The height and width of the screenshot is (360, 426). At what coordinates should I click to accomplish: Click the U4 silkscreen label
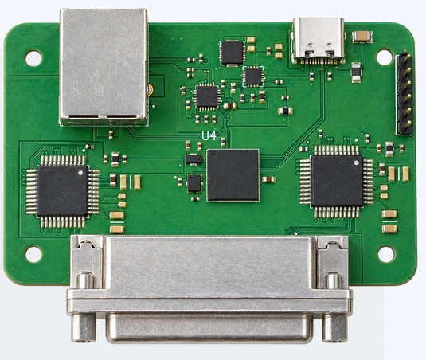209,136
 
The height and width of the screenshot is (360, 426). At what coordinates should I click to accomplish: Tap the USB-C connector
319,41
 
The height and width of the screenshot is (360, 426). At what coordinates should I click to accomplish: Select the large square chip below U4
233,175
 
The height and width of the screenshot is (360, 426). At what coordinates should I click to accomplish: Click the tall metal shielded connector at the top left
104,67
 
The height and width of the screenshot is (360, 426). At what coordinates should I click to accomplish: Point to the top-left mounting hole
33,58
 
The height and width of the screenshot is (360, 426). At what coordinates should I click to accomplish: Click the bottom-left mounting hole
33,254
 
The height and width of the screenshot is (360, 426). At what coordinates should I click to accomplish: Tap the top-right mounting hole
385,57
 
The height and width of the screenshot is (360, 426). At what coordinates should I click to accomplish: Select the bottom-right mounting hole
387,254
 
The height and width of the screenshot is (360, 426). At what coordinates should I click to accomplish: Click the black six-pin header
404,94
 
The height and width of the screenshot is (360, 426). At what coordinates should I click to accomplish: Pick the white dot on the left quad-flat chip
80,173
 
